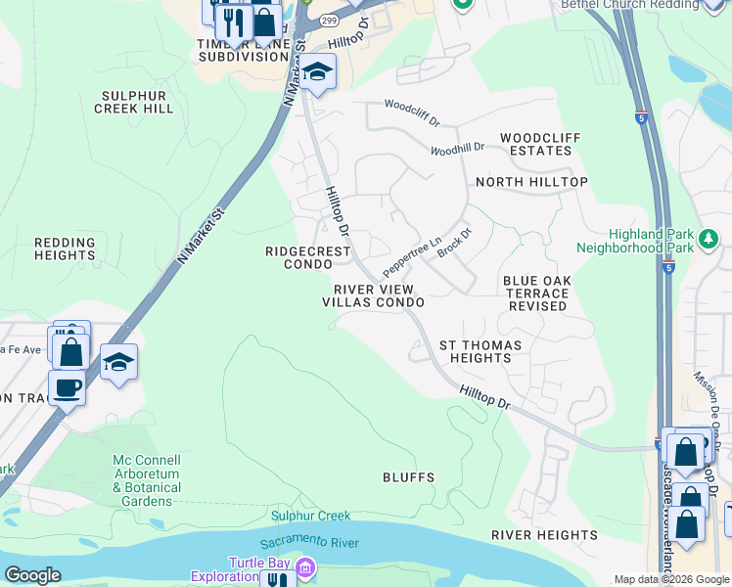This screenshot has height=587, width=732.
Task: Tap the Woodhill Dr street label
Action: click(457, 149)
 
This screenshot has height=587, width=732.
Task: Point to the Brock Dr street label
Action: click(455, 243)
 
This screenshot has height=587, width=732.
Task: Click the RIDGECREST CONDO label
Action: click(308, 258)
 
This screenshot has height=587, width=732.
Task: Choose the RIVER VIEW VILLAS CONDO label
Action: click(373, 296)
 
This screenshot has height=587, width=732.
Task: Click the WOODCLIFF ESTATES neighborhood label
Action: click(535, 145)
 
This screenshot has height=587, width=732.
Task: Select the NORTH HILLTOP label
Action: click(531, 182)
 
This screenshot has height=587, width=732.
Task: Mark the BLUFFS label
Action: click(408, 477)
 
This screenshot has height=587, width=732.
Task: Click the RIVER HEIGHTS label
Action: click(544, 535)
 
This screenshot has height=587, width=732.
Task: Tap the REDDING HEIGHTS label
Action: click(65, 248)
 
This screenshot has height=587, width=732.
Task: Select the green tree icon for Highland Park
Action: click(709, 238)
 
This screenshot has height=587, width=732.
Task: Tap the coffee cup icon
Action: click(67, 386)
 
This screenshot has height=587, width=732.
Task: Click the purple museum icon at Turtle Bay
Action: click(304, 566)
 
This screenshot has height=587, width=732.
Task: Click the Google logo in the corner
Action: click(32, 575)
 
